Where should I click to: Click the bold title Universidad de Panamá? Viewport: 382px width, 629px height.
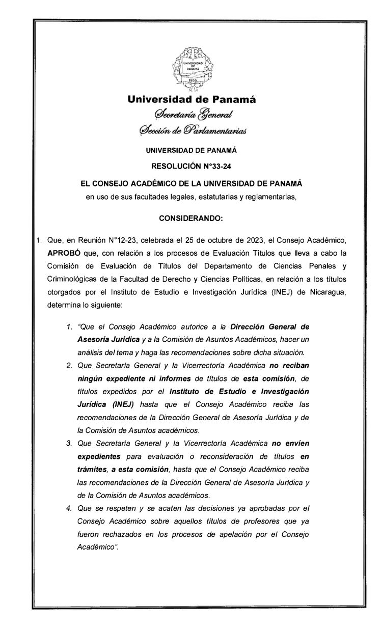[191, 100]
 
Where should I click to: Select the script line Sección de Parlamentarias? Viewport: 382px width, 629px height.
[192, 131]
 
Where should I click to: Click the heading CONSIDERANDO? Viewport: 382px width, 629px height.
[191, 218]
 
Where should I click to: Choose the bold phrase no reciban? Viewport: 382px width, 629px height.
[290, 365]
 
